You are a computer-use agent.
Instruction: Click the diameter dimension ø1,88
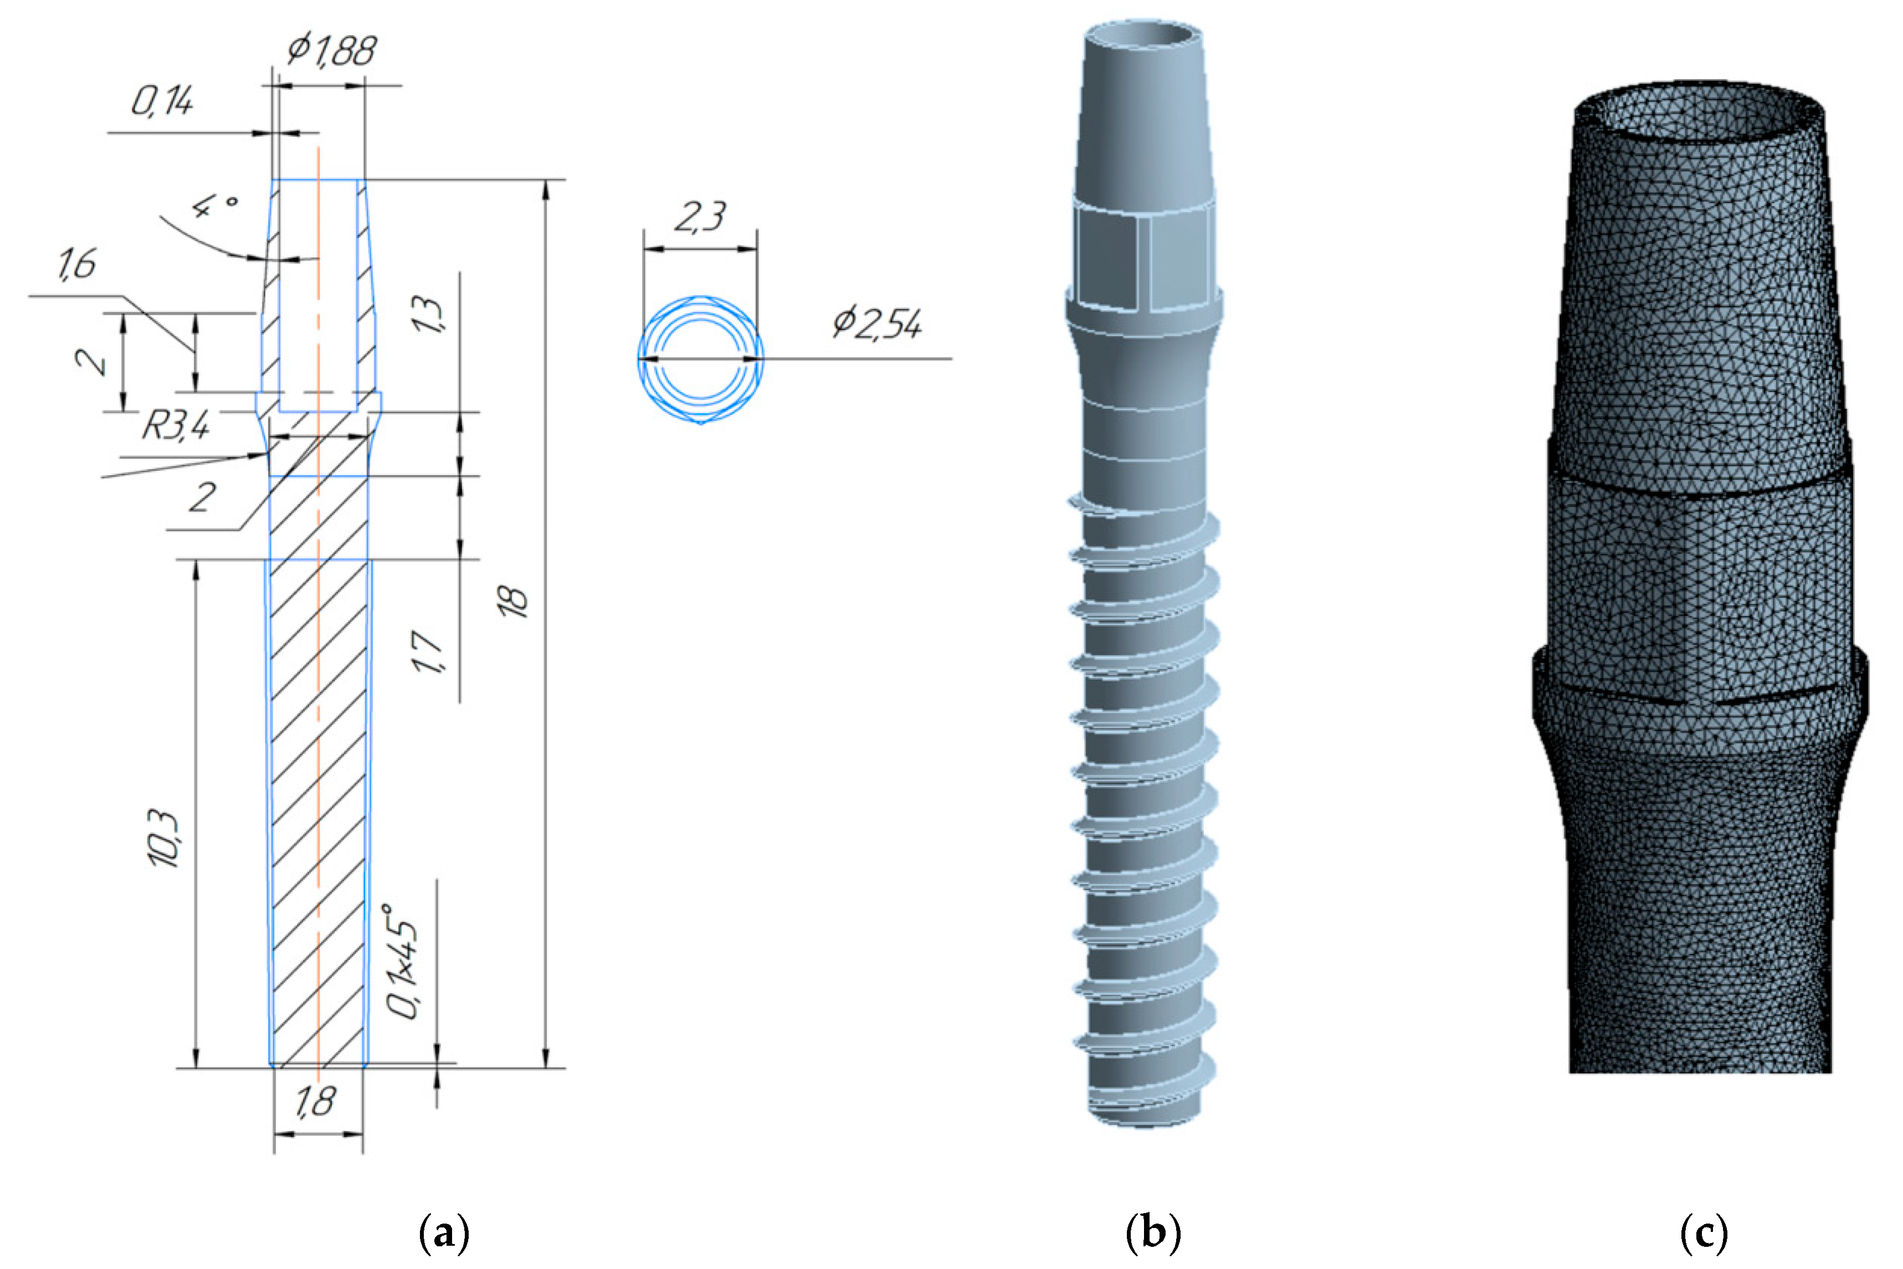pos(332,50)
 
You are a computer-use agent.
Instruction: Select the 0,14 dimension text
pos(162,102)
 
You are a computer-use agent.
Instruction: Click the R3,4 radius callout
pos(176,425)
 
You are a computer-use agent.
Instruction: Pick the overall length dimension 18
pos(514,600)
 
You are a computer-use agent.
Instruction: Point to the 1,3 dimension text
pos(428,315)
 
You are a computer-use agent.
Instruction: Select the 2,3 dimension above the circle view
pos(700,217)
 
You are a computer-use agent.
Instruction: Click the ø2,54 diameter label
pos(878,323)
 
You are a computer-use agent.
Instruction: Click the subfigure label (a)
pos(444,1232)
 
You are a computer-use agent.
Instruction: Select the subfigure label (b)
pos(1153,1232)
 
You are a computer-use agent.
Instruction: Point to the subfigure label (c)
pos(1704,1232)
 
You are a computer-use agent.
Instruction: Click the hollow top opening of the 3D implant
pos(1142,35)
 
